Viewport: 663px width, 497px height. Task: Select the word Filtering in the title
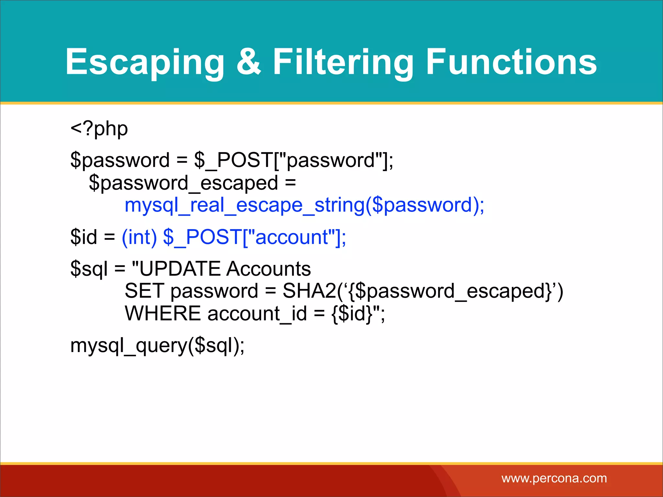343,62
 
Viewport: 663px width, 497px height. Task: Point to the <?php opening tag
99,129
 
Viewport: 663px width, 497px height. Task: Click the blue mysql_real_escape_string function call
304,205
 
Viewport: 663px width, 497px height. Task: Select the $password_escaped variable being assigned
184,183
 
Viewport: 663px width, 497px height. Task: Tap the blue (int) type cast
139,237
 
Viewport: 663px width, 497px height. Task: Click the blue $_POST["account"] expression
254,237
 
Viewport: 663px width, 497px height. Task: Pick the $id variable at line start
84,237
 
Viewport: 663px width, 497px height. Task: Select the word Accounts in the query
268,269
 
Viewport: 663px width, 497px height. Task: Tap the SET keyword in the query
144,291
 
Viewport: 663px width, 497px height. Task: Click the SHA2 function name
309,291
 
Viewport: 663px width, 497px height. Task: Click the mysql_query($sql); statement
157,346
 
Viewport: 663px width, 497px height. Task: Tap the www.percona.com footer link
554,478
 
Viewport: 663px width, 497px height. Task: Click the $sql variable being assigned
89,269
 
